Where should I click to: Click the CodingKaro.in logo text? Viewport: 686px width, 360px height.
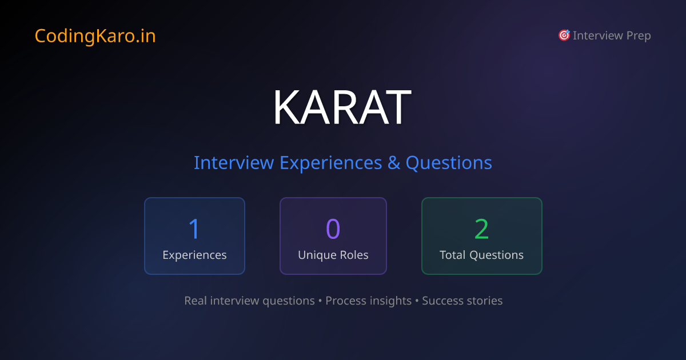click(95, 36)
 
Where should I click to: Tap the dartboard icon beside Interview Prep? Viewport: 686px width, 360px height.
click(564, 35)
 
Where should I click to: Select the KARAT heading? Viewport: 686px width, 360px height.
click(342, 107)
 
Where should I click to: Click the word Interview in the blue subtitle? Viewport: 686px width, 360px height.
click(234, 163)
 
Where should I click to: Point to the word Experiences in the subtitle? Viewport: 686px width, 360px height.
click(330, 163)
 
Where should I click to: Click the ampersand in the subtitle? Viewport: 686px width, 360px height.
click(394, 163)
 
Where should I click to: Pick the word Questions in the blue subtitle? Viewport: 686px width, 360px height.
click(449, 163)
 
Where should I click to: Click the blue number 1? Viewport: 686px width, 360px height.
click(194, 229)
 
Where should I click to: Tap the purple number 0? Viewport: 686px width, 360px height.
click(333, 229)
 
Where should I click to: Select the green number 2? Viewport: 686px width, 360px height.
click(481, 229)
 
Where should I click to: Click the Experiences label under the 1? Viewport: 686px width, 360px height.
click(194, 255)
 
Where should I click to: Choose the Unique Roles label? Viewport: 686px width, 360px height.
click(333, 255)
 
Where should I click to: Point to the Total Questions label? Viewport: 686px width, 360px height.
click(481, 255)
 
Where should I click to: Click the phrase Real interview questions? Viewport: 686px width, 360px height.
click(249, 301)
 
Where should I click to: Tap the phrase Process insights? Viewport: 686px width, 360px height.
click(368, 301)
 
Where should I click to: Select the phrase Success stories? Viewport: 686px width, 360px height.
click(462, 301)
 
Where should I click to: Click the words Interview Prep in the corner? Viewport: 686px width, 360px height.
click(612, 36)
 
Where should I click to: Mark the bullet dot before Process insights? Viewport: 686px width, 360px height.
click(320, 301)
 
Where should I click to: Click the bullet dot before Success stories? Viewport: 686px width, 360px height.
click(417, 301)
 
